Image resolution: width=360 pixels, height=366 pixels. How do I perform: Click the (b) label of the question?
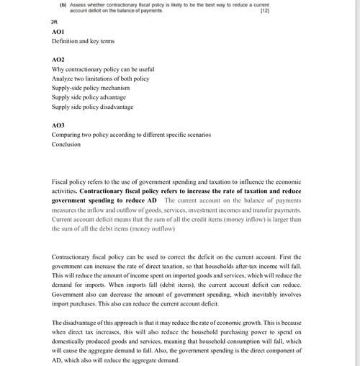(63, 5)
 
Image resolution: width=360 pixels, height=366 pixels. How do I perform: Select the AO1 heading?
(58, 32)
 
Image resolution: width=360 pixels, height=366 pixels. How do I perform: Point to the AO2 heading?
(58, 60)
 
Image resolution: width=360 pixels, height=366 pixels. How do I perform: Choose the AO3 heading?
(58, 125)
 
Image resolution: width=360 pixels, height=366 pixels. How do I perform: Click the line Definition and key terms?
(83, 42)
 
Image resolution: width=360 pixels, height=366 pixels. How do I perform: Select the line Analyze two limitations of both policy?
(100, 79)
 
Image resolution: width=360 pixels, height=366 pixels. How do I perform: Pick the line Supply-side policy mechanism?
(91, 88)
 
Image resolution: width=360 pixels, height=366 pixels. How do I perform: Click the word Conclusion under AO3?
(66, 144)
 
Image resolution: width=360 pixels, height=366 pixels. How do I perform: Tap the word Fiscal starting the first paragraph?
(61, 182)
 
